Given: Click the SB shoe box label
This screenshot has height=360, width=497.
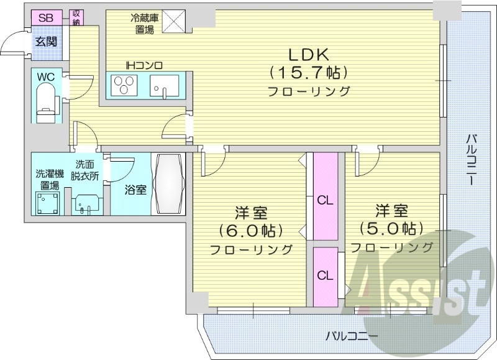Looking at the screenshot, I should (x=45, y=17).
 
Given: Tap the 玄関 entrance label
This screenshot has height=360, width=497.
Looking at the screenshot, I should (x=45, y=42).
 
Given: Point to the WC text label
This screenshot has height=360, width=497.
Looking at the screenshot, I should (x=45, y=76).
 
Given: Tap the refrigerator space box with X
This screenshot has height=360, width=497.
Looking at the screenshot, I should (x=176, y=20).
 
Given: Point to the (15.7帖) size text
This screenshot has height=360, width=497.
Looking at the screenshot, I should (x=308, y=72).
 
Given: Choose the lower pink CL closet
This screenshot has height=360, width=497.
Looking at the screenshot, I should (x=324, y=275).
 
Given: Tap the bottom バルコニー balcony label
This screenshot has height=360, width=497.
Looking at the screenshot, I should (x=352, y=336).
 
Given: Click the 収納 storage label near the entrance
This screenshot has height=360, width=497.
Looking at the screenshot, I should (x=76, y=17).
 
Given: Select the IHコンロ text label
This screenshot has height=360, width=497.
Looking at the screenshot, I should (x=144, y=65).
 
